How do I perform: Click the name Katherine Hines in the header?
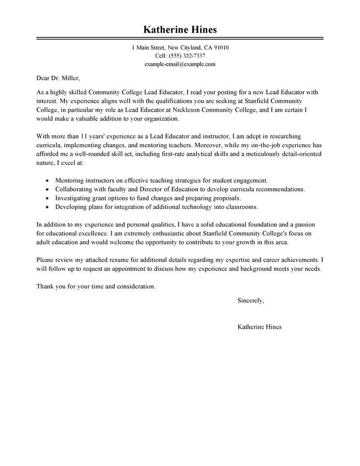point(180,30)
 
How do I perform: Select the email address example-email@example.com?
point(180,64)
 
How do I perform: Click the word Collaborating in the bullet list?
point(73,189)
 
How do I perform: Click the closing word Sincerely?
point(251,300)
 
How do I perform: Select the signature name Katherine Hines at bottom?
point(259,327)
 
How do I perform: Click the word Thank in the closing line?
point(45,286)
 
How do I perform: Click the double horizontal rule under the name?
point(180,39)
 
